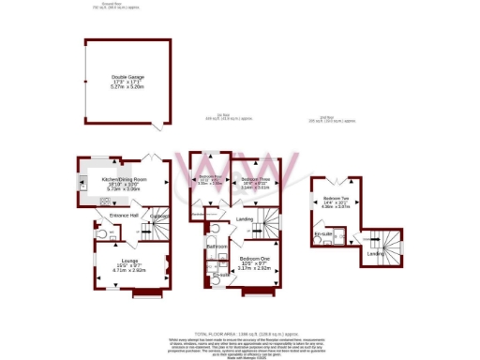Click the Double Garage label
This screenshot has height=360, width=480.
point(125,77)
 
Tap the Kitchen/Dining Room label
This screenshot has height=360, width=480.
point(126,178)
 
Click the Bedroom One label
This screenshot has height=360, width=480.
point(255,257)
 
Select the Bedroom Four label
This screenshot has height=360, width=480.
point(210,177)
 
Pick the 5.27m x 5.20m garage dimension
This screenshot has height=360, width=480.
point(125,87)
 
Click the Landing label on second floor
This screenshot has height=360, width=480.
point(375,254)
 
